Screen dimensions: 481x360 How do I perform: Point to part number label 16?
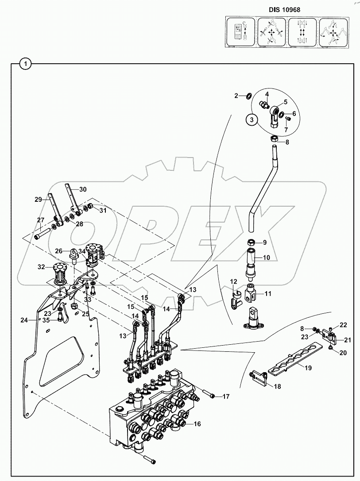(x=197, y=423)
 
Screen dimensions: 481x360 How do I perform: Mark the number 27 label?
(x=41, y=220)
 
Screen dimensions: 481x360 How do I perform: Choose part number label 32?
(x=41, y=267)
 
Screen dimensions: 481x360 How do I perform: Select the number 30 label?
(x=83, y=189)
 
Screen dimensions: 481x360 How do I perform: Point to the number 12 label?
(x=234, y=281)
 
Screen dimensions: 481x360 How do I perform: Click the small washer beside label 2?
(x=248, y=96)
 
